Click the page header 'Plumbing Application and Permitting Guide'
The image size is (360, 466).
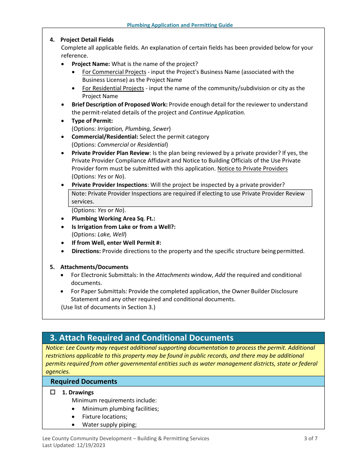pos(180,25)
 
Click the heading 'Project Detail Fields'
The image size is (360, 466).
pos(87,40)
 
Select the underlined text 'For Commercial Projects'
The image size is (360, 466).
pos(114,72)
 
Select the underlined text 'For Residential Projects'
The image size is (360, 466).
pos(113,88)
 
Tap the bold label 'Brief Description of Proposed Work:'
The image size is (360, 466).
pos(119,105)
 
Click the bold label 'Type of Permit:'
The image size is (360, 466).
pos(92,121)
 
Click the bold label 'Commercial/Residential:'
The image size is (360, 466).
pos(105,137)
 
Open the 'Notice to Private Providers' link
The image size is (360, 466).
pos(252,169)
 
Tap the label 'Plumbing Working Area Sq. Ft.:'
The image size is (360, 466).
pos(113,219)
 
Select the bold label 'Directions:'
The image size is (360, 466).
pos(86,251)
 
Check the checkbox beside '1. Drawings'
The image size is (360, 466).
pos(53,393)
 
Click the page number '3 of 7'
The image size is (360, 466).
pos(310,439)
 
